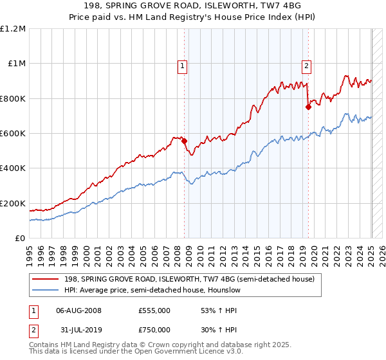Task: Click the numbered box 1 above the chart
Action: tap(182, 65)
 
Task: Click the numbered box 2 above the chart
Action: tap(306, 65)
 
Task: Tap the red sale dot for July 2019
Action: tap(309, 107)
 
